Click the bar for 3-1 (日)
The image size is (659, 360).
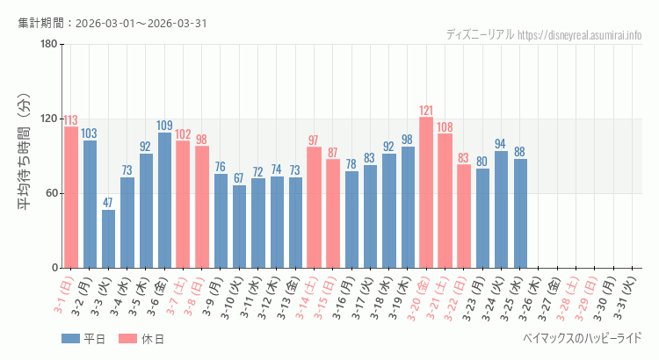coord(71,198)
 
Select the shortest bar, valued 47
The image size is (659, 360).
coord(108,239)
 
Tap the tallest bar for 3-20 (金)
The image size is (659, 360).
coord(426,192)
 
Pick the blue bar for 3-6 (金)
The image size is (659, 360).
coord(164,200)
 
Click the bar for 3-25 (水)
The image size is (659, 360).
coord(520,213)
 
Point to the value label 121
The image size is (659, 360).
coord(426,111)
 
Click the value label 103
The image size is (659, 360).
coord(90,133)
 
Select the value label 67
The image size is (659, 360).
coord(239,178)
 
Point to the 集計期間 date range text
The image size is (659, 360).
coord(112,22)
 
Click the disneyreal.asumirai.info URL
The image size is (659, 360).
coord(580,35)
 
